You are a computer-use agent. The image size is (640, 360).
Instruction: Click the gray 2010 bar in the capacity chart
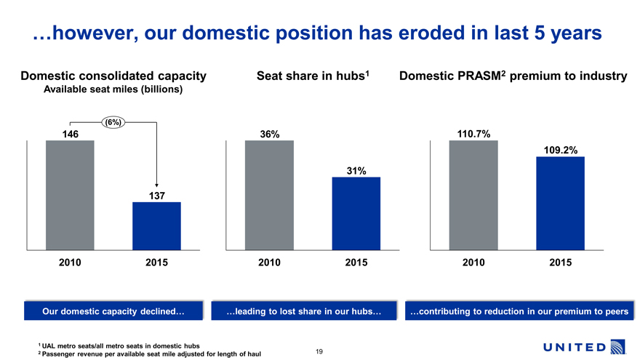point(70,195)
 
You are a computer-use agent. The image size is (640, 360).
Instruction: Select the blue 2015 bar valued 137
point(156,226)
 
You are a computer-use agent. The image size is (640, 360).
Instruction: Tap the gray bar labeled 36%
point(269,195)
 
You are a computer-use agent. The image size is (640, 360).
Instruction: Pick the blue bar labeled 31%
point(356,214)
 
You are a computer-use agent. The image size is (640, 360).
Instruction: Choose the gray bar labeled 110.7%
point(473,195)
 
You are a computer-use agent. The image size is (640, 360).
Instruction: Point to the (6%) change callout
point(113,121)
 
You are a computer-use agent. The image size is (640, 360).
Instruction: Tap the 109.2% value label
point(560,151)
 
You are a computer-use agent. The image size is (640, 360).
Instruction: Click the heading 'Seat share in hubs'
point(312,75)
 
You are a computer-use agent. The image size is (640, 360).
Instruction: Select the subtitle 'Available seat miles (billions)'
point(113,89)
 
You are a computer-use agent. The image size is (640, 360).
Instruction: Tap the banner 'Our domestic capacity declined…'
point(113,312)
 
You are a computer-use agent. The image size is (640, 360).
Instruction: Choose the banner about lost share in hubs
point(304,312)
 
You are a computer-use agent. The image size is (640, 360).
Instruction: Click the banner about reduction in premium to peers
point(519,312)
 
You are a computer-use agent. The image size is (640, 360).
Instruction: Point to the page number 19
point(319,352)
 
